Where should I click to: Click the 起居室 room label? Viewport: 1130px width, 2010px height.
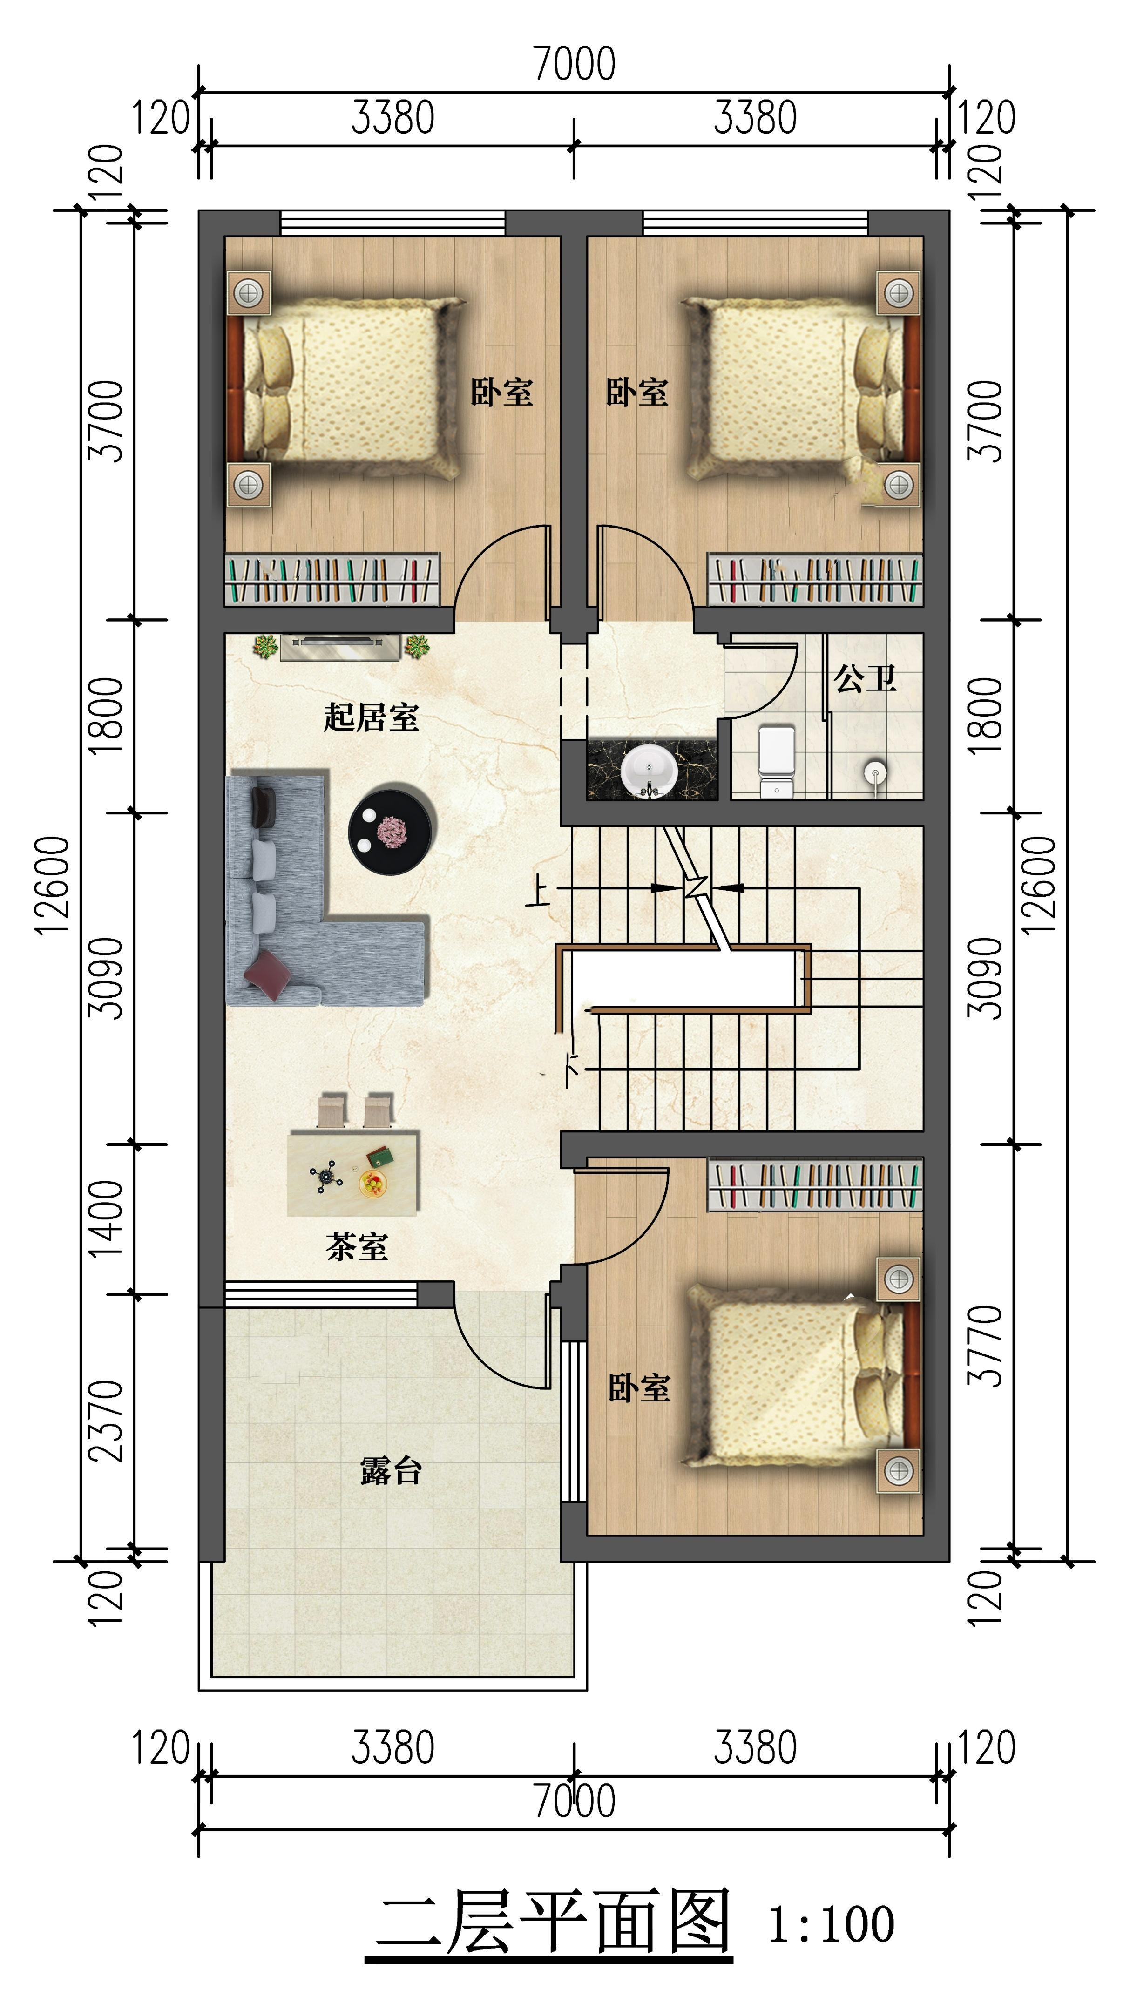click(372, 717)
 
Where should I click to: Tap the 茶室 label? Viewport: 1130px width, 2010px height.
click(357, 1246)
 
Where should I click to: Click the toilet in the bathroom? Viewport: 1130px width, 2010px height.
click(777, 761)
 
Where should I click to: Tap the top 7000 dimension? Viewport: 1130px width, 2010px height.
click(575, 64)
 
